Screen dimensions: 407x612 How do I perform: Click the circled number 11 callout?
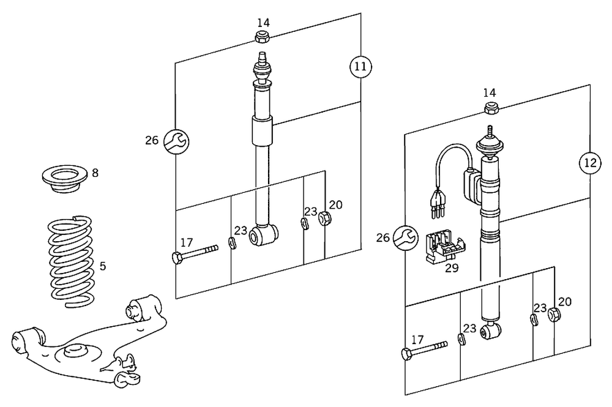(361, 65)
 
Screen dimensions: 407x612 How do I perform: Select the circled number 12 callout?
(589, 163)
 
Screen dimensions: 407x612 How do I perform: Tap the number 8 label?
(95, 173)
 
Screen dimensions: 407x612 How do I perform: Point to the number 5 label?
(103, 266)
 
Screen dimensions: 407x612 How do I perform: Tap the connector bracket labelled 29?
(445, 247)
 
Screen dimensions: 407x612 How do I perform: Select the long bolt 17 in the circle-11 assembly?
(195, 253)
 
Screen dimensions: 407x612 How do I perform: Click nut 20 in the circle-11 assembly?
(325, 218)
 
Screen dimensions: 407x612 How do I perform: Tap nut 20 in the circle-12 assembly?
(554, 315)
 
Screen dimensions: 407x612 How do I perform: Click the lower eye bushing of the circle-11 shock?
(267, 234)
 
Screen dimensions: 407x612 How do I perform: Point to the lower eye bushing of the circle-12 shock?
(491, 331)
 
